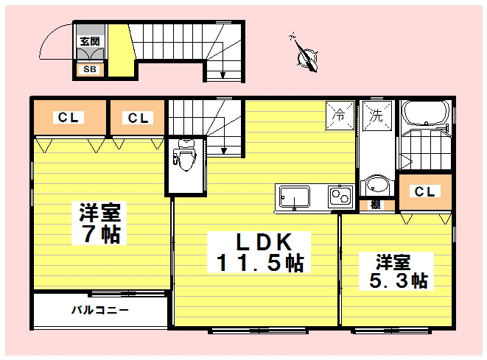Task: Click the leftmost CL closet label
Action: (70, 118)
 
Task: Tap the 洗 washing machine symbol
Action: (375, 116)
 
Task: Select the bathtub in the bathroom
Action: (424, 116)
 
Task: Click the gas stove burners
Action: (340, 197)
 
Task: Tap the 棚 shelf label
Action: (376, 205)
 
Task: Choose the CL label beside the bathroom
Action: (424, 191)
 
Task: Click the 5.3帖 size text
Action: (397, 280)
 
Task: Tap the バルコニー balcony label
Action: (100, 310)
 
